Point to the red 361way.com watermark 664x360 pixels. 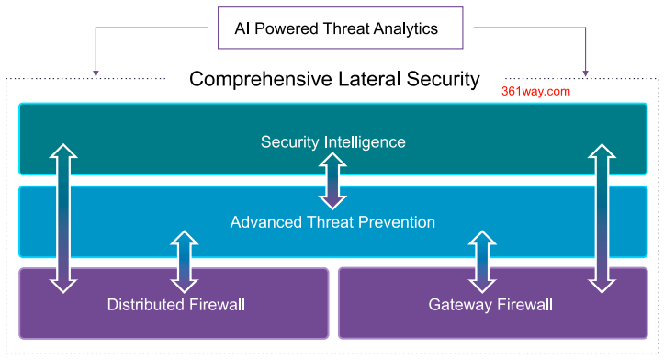[x=537, y=92]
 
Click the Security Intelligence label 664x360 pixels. [x=332, y=141]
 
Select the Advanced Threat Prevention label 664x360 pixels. [x=332, y=222]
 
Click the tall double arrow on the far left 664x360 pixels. [x=62, y=218]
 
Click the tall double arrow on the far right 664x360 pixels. [x=601, y=218]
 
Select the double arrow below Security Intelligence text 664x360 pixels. [x=332, y=181]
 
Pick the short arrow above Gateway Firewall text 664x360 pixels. [x=481, y=262]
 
